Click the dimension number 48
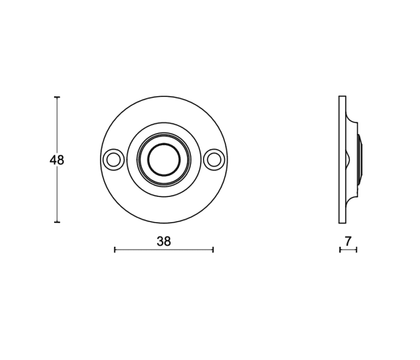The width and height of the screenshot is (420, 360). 57,160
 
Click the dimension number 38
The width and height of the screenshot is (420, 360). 164,241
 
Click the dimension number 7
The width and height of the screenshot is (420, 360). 348,241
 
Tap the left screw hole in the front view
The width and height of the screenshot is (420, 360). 113,160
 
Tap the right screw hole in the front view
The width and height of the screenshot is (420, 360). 214,160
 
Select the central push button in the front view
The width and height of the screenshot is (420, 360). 164,160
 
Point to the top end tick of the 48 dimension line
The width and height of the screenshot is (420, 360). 57,97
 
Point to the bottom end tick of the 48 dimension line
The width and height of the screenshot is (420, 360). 57,222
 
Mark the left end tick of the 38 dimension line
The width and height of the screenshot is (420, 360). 115,250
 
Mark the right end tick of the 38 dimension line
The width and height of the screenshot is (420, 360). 213,250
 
